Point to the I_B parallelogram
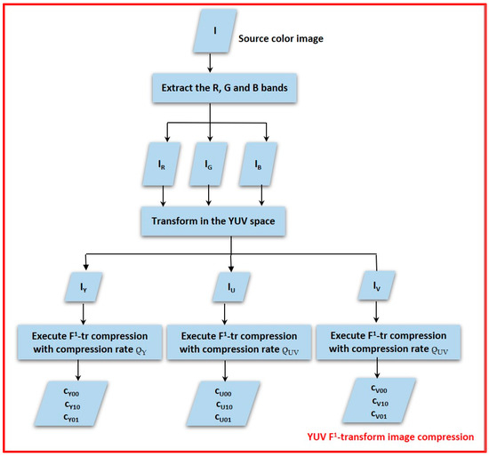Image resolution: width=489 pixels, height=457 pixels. tap(254, 164)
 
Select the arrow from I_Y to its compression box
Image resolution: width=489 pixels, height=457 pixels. tap(82, 313)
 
